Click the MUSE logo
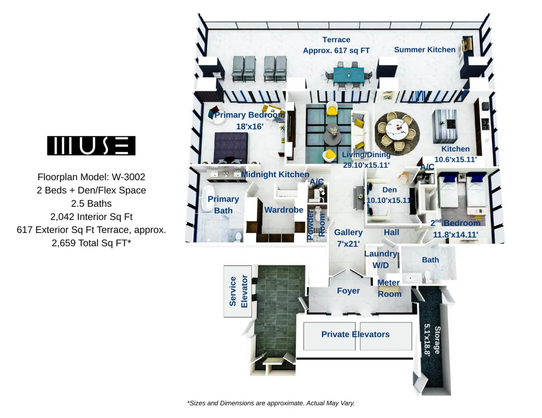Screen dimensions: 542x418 [x=91, y=145]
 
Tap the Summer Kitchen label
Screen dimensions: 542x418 [x=425, y=50]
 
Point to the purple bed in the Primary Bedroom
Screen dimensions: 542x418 [x=231, y=148]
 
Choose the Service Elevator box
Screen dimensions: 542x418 [x=238, y=291]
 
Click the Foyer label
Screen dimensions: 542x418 [x=348, y=291]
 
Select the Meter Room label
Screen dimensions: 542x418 [x=389, y=288]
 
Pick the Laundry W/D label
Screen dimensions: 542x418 [x=381, y=260]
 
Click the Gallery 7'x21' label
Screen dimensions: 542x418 [x=348, y=238]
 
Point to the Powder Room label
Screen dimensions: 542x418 [x=316, y=225]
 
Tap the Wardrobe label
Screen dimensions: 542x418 [x=284, y=210]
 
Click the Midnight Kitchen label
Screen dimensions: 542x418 [x=275, y=174]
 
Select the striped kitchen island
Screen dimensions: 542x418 [x=445, y=126]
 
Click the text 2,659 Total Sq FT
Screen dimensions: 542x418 [x=91, y=243]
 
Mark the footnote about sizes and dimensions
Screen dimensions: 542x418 [x=271, y=403]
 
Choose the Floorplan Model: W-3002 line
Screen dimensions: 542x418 [x=91, y=177]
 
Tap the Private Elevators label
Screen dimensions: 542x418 [x=355, y=334]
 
